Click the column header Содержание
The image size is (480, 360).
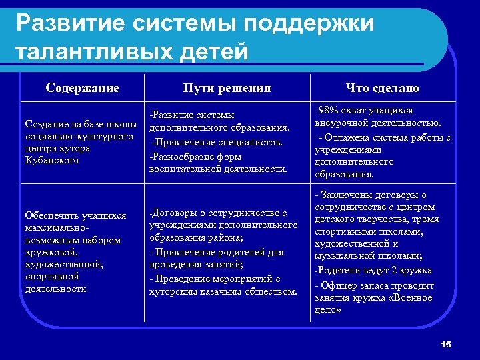click(x=83, y=88)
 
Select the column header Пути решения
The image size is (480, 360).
click(x=227, y=88)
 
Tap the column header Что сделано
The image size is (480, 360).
click(x=382, y=88)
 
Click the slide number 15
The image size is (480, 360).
click(x=446, y=344)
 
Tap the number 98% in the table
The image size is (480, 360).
click(x=331, y=111)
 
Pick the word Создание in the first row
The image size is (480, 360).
click(x=45, y=124)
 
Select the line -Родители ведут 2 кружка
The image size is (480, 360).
click(x=373, y=271)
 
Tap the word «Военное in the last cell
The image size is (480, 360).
click(x=413, y=297)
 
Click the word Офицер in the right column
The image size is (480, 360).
click(x=340, y=285)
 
